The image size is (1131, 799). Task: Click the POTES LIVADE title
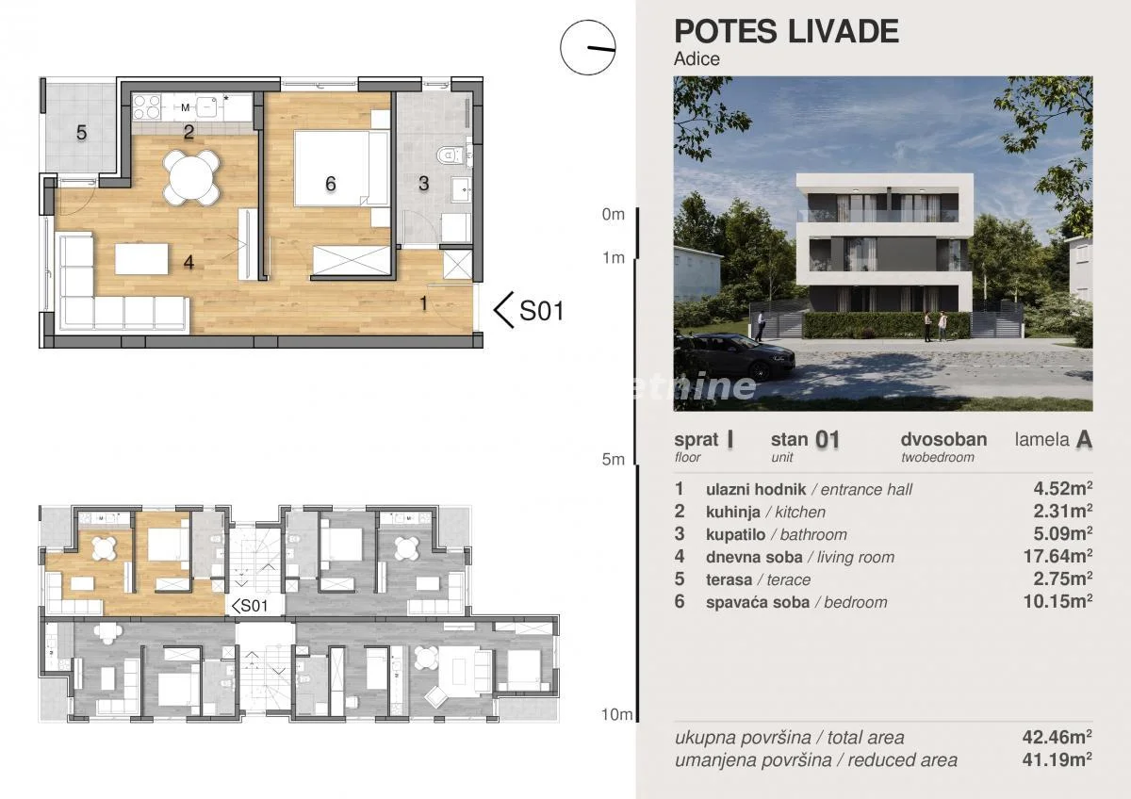[x=786, y=31]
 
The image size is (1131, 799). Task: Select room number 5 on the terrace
[x=81, y=133]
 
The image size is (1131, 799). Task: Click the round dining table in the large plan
[x=191, y=177]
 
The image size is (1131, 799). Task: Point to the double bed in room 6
[x=342, y=168]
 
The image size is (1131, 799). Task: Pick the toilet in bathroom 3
[x=450, y=155]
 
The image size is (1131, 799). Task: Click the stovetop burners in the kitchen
[x=146, y=107]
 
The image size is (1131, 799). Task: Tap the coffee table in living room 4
[x=141, y=259]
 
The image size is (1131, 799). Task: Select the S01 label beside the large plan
[x=541, y=310]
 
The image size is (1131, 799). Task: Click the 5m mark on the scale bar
[x=614, y=459]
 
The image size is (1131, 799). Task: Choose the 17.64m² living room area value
[x=1057, y=556]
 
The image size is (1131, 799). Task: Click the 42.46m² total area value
[x=1057, y=738]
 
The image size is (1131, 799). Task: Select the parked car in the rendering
[x=734, y=356]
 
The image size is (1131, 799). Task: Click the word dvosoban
[x=943, y=439]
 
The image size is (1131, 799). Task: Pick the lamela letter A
[x=1084, y=440]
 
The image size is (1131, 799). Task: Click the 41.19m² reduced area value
[x=1057, y=759]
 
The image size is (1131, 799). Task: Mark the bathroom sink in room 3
[x=461, y=188]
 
